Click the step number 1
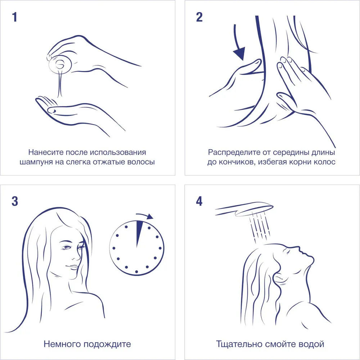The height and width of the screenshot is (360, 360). coord(15,17)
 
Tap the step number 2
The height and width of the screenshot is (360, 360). coord(199,17)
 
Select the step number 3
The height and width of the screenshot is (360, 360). coord(15,201)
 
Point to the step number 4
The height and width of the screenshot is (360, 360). coord(199,201)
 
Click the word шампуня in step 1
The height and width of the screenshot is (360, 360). coord(36,162)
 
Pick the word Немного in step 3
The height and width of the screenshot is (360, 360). coord(62,344)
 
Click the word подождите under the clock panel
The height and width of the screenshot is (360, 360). coord(107,344)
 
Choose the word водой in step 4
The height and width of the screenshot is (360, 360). coord(311,344)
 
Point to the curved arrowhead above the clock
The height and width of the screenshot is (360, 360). coord(150,216)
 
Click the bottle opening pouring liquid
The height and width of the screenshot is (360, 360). coord(60,65)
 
